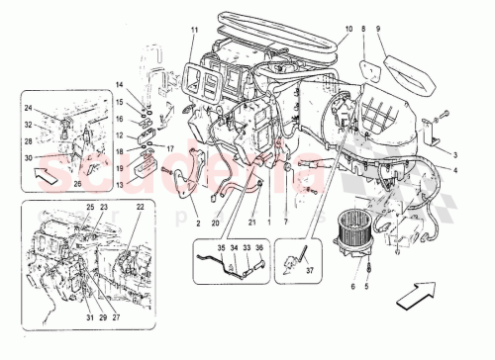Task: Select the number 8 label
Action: pyautogui.click(x=364, y=31)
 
